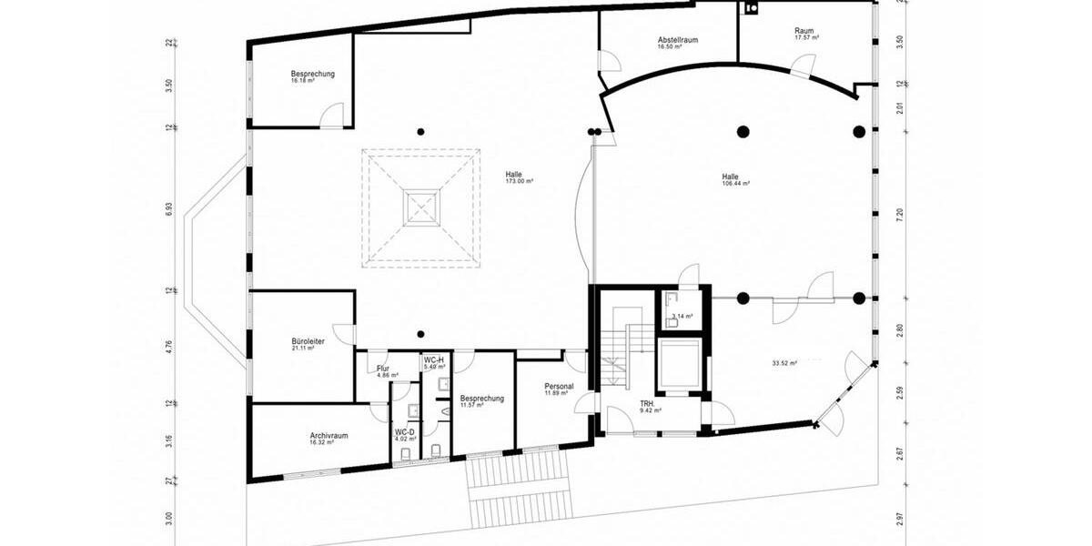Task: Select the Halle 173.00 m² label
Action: pyautogui.click(x=519, y=177)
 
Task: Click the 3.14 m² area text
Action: pyautogui.click(x=679, y=317)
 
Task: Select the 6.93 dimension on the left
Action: pyautogui.click(x=169, y=208)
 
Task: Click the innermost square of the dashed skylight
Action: pyautogui.click(x=421, y=208)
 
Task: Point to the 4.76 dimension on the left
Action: pyautogui.click(x=169, y=347)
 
